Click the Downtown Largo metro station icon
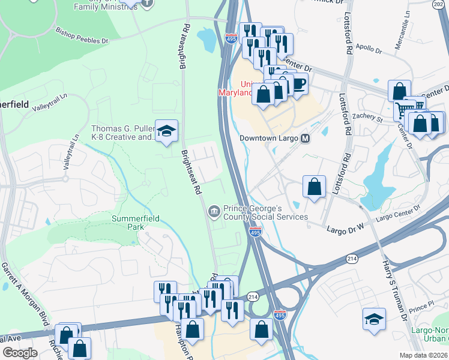[x=306, y=138]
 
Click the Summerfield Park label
[x=136, y=223]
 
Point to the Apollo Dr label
[x=369, y=50]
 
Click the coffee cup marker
[x=298, y=85]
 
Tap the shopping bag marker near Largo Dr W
[x=314, y=186]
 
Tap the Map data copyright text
[x=423, y=355]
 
